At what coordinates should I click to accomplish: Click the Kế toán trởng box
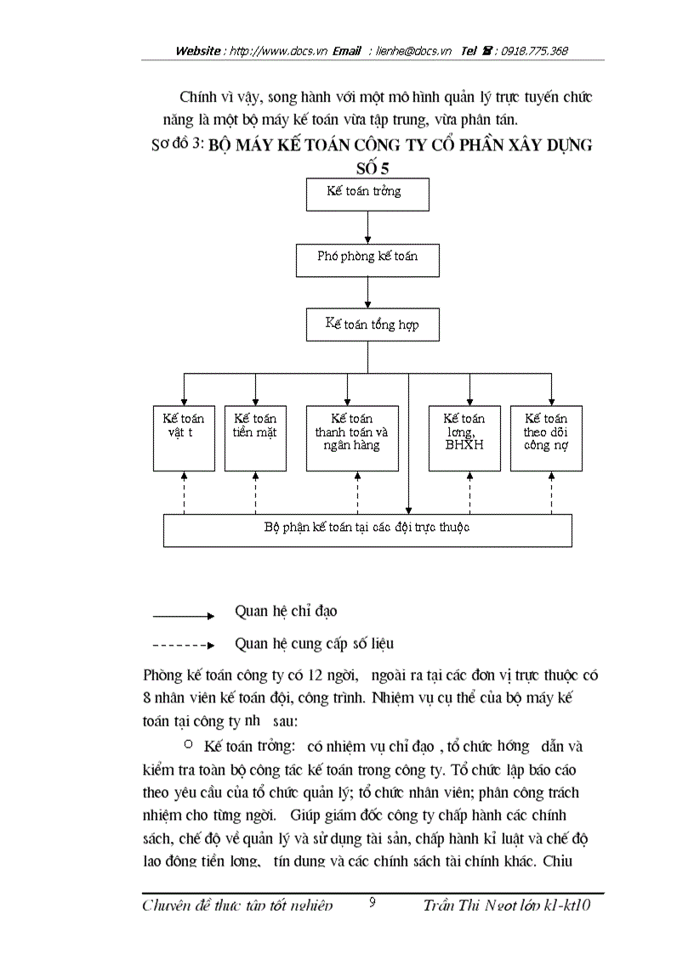click(x=367, y=194)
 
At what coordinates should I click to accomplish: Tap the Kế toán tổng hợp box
click(x=372, y=325)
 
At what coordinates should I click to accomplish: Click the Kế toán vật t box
click(x=184, y=437)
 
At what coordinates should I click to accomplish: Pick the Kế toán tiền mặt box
click(x=255, y=437)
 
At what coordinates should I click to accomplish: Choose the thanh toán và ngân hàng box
click(x=351, y=437)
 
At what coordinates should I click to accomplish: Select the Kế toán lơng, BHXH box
click(x=464, y=437)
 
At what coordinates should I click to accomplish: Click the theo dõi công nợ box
click(x=546, y=437)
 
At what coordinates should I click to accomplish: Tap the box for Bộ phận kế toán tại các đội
click(x=367, y=529)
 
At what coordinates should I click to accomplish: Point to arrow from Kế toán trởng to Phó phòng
click(x=367, y=227)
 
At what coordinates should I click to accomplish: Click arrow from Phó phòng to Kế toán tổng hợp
click(x=367, y=292)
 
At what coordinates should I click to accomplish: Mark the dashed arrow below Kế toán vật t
click(x=184, y=492)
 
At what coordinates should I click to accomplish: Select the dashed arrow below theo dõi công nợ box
click(x=550, y=492)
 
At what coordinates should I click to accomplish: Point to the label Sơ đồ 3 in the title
click(x=177, y=144)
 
